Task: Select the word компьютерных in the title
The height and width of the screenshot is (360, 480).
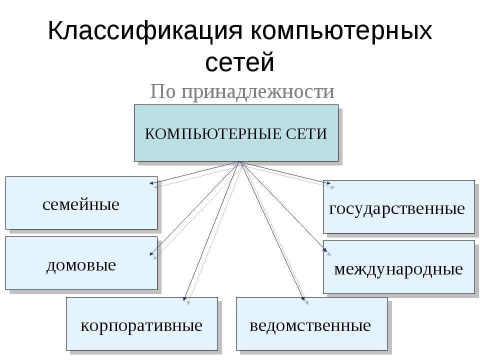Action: (340, 31)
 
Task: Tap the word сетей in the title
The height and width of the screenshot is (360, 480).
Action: (240, 62)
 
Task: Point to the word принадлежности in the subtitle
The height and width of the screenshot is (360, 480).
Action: (257, 91)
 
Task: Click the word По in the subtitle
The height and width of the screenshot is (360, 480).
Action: (163, 91)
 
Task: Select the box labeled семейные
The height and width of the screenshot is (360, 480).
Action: (81, 203)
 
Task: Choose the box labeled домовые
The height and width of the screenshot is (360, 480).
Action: (81, 263)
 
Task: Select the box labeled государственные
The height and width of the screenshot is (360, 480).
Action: (398, 207)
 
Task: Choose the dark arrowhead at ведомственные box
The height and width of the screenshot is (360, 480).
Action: (303, 299)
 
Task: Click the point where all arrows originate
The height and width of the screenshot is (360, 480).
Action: (240, 162)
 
